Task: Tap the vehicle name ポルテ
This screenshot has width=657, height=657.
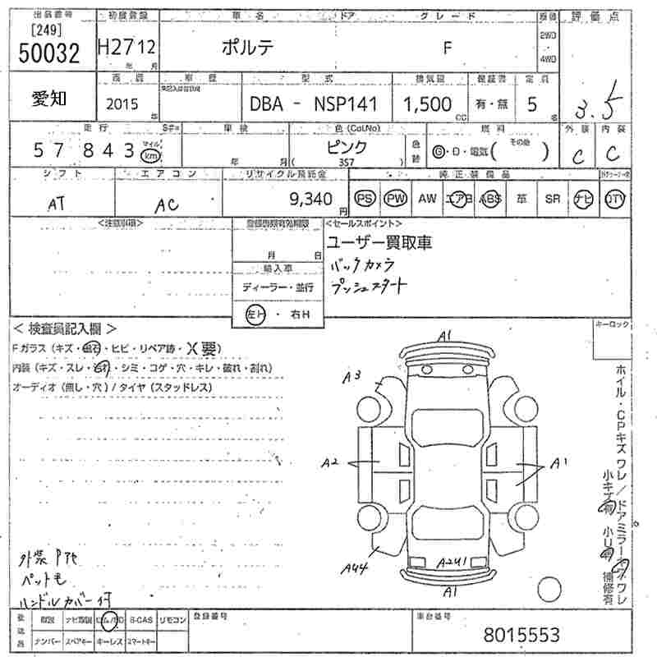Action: [x=248, y=48]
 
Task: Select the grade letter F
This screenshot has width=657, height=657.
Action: [x=448, y=48]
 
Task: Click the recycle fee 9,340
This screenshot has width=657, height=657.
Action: [x=310, y=198]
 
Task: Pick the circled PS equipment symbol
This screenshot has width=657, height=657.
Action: [x=364, y=199]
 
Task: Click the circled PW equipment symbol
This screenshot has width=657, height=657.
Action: [x=396, y=199]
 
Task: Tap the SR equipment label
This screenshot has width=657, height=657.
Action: [x=551, y=199]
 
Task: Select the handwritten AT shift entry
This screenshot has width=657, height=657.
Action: [x=57, y=205]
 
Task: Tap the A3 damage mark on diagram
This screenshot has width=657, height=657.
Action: [x=352, y=376]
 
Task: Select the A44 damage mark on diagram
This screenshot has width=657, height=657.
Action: [x=355, y=566]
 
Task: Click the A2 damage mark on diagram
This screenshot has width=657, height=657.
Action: [x=331, y=462]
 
